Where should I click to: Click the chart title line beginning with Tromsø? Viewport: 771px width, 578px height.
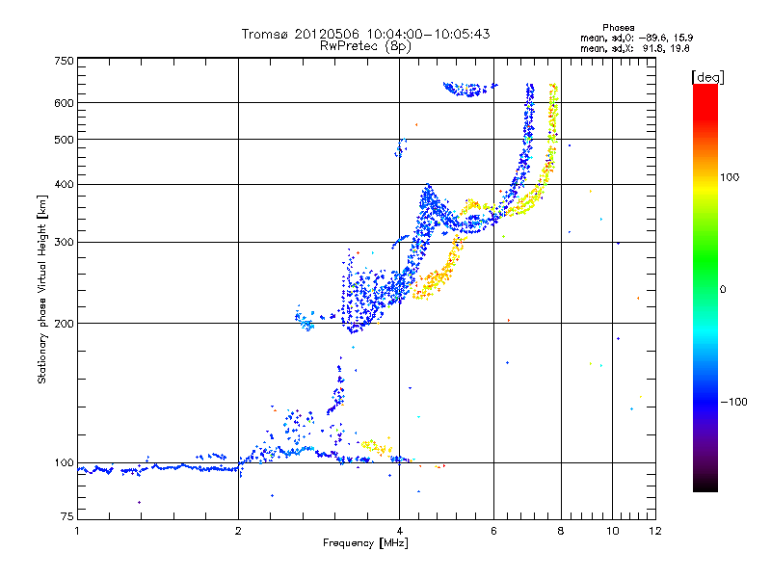point(365,34)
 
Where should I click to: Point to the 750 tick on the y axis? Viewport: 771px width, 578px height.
point(64,62)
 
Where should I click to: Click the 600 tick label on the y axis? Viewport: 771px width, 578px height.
point(64,102)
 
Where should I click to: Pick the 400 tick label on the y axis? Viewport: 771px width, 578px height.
point(64,184)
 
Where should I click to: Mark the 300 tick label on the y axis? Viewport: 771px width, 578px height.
point(64,242)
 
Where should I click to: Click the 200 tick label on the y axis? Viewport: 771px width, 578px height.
point(64,324)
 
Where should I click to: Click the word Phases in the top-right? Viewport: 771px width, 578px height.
point(619,28)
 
